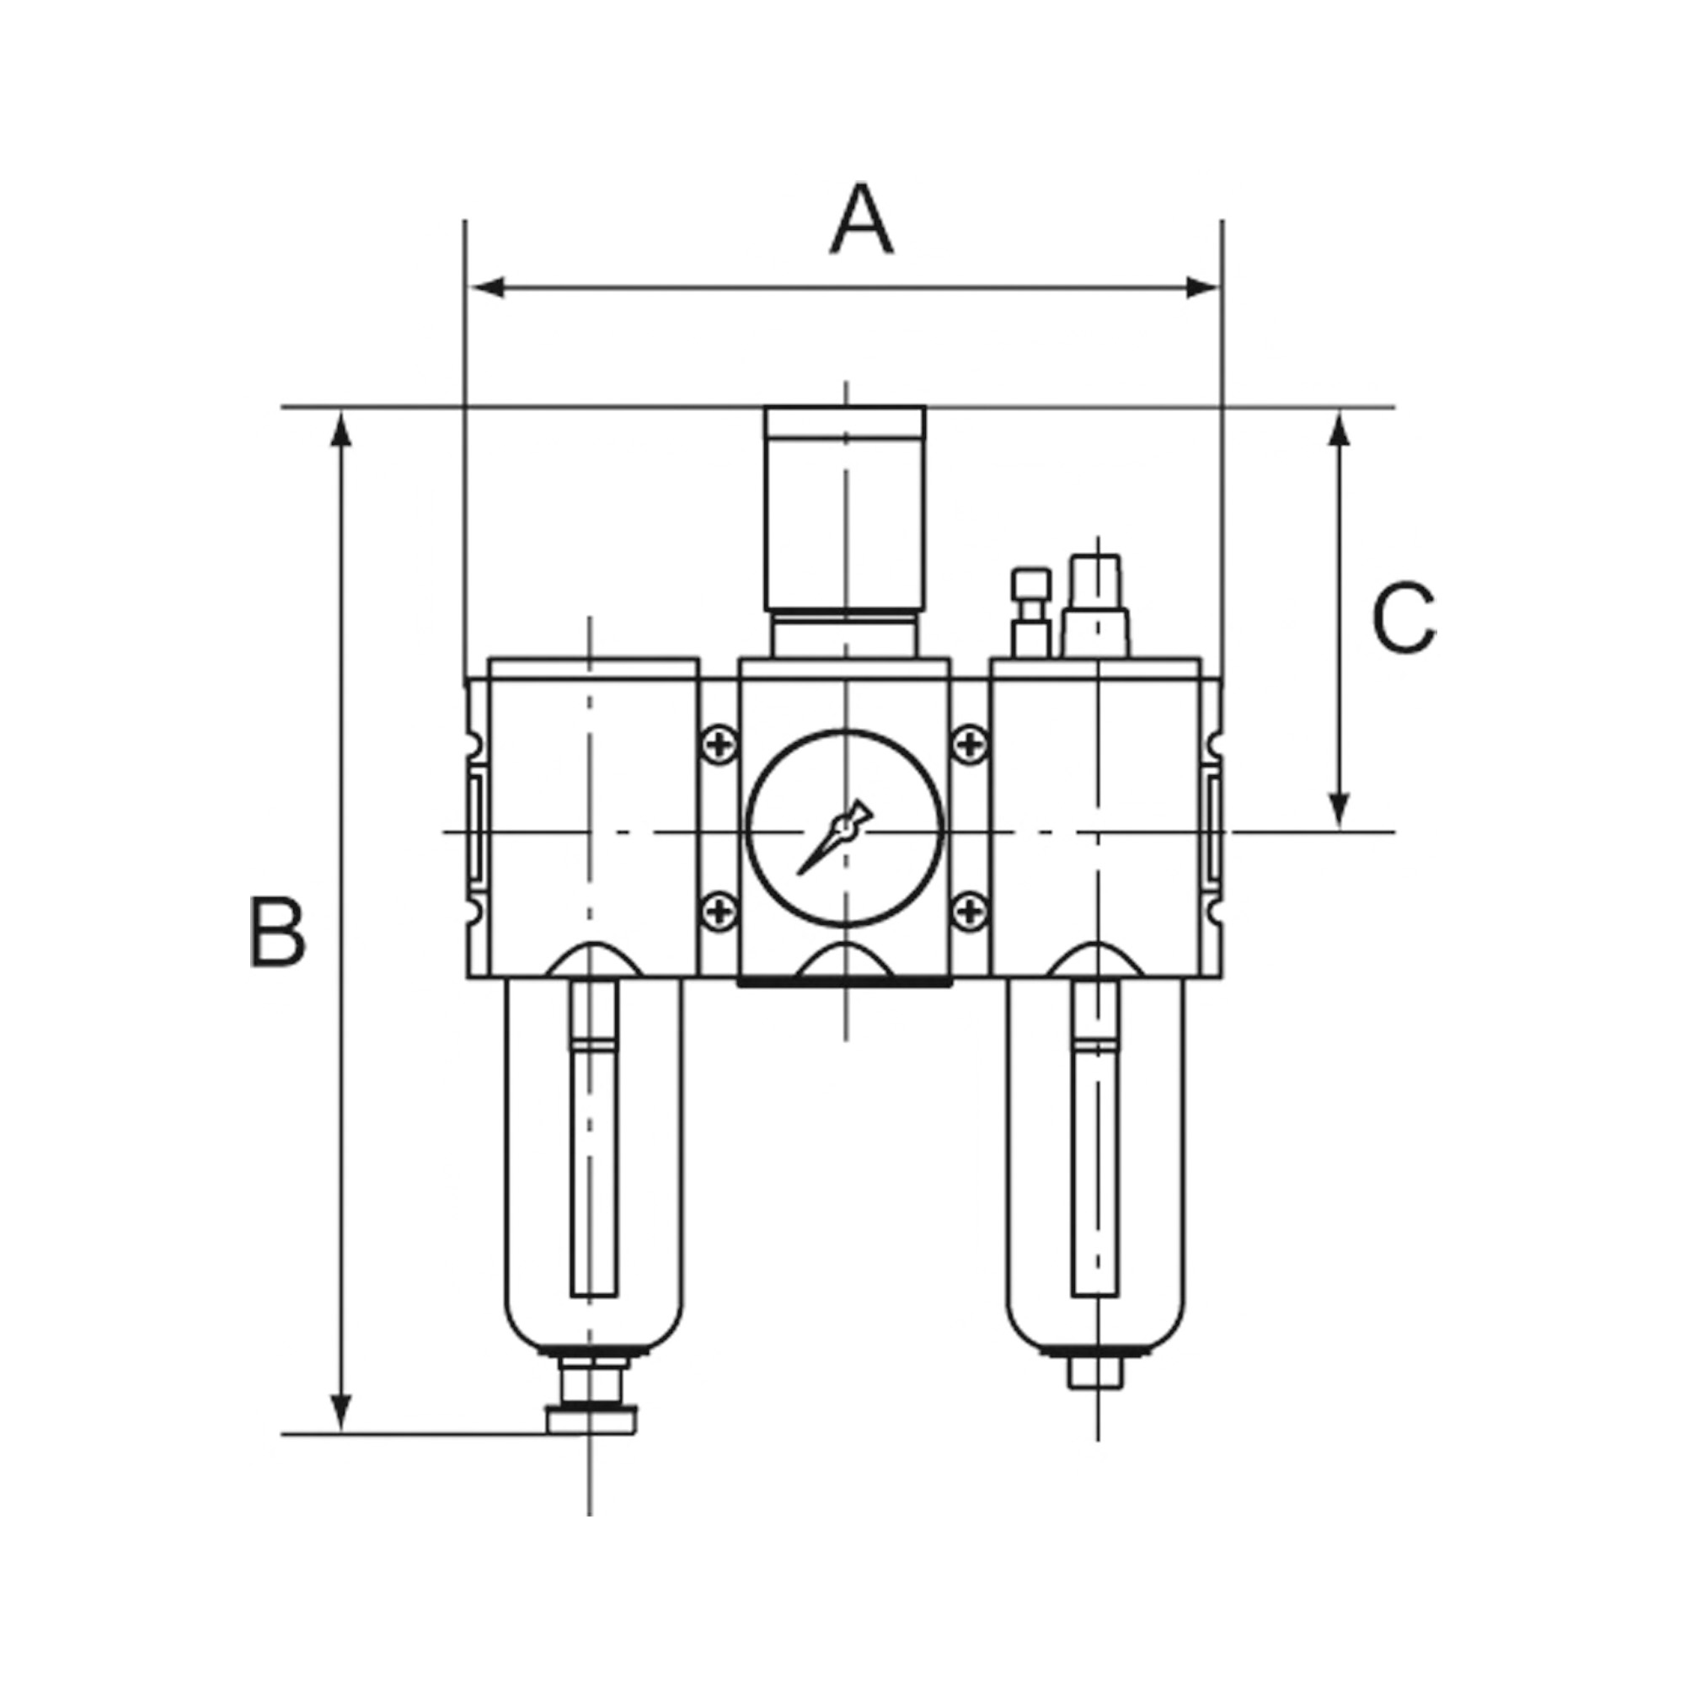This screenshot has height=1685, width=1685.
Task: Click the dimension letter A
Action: [861, 220]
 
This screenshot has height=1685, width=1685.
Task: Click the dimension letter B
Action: [277, 932]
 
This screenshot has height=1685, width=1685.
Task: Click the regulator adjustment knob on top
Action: [844, 510]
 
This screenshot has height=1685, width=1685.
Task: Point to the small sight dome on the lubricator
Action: [1031, 612]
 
